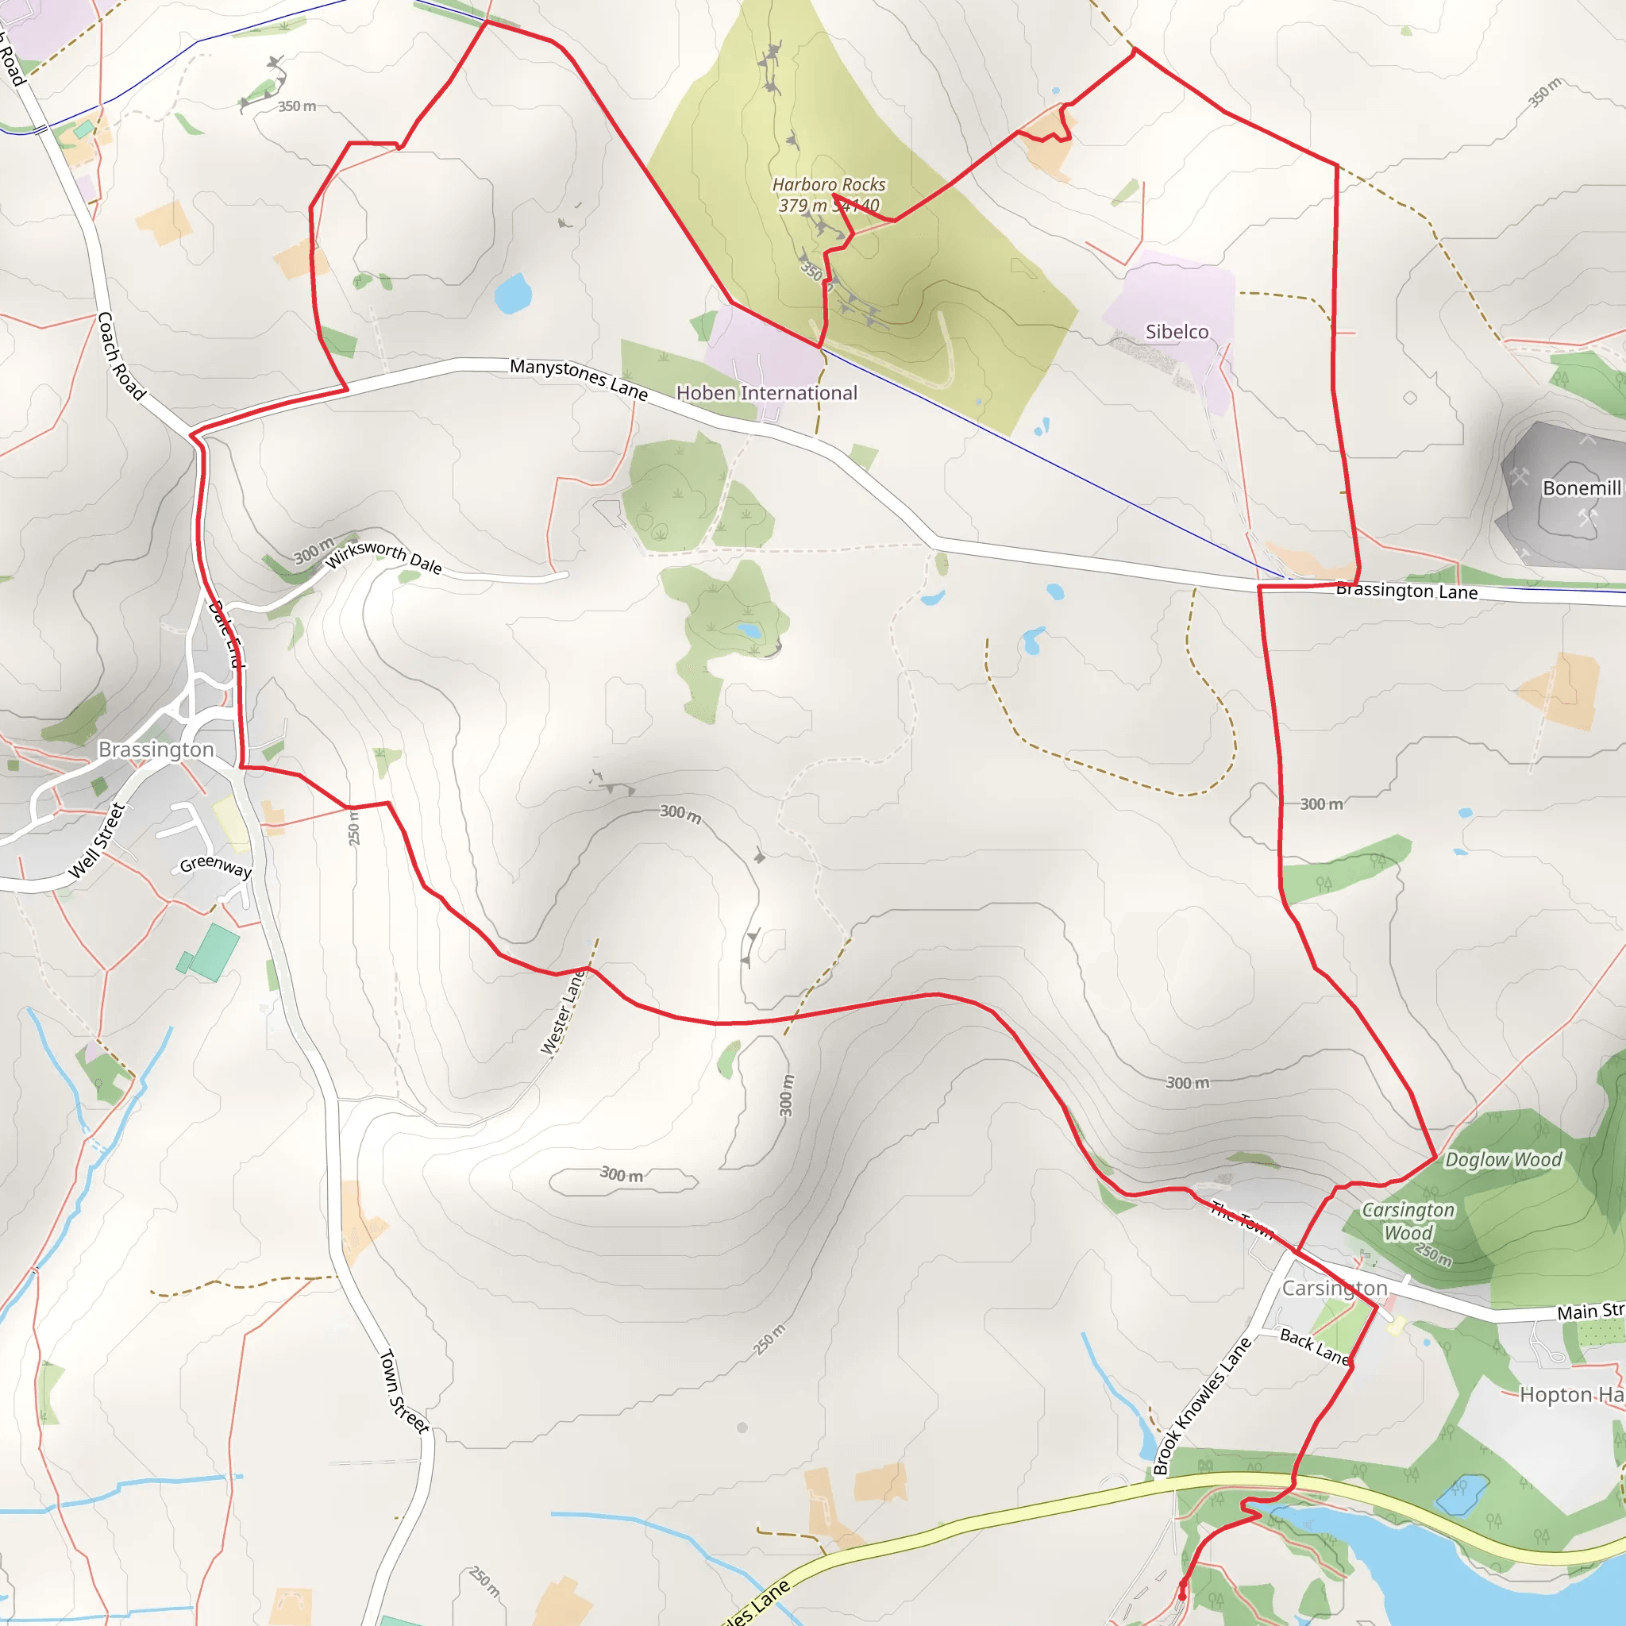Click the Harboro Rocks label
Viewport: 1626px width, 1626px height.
point(828,184)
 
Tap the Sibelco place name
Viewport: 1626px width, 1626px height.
point(1177,332)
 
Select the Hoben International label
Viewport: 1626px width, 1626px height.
point(767,393)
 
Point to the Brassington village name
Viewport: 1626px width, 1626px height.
point(156,749)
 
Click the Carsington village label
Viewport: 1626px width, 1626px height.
point(1334,1289)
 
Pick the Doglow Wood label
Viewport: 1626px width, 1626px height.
point(1503,1160)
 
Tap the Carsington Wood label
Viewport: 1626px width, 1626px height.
point(1408,1221)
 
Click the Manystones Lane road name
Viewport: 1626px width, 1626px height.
point(579,379)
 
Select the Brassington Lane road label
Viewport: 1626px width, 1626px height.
point(1406,591)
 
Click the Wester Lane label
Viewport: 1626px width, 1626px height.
point(562,1012)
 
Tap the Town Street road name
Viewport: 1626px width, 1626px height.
point(404,1391)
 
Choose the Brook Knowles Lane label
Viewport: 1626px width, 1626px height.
point(1201,1406)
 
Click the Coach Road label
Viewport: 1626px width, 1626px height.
point(121,355)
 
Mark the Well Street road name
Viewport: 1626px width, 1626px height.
point(97,840)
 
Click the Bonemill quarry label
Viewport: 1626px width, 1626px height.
point(1581,488)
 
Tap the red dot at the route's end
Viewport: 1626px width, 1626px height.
point(1182,1596)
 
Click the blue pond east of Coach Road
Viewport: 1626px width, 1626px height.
point(513,293)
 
